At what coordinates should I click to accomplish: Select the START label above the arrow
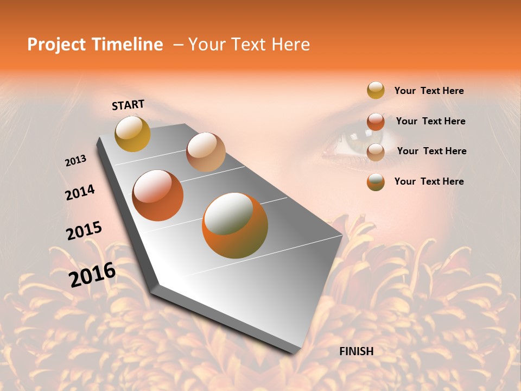point(128,105)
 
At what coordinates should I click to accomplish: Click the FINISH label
point(357,351)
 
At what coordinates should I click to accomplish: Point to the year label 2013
point(76,160)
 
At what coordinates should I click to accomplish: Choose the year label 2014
point(80,192)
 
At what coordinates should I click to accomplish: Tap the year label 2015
point(84,230)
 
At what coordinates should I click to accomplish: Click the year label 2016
point(92,275)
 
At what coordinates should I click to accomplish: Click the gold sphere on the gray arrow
point(132,134)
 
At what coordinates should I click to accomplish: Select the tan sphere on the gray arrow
point(206,152)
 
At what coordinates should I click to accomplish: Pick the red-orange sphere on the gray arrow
point(158,195)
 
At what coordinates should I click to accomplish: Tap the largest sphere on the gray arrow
point(235,225)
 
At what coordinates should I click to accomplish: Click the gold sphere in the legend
point(376,90)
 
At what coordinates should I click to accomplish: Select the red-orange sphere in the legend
point(376,121)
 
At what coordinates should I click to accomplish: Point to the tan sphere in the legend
point(376,152)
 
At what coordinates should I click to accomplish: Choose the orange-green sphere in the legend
point(376,182)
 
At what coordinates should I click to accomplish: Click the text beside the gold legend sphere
point(429,91)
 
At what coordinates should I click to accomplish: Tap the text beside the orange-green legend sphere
point(429,181)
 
